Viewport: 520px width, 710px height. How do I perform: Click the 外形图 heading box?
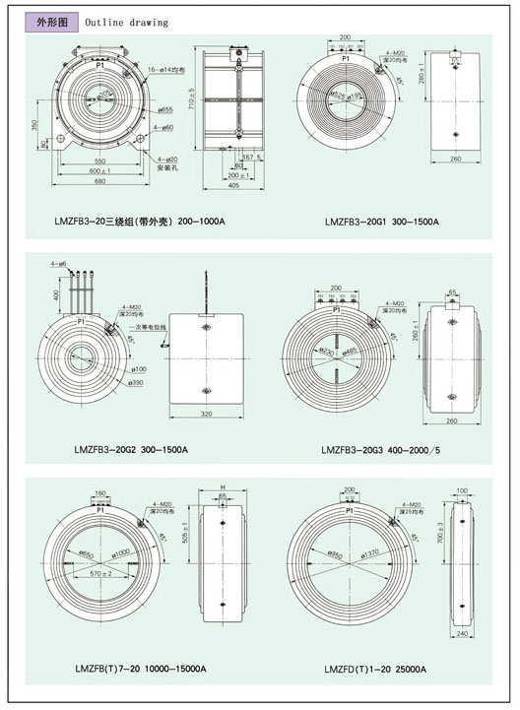[x=50, y=21]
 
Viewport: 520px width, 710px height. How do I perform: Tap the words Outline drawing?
[x=126, y=22]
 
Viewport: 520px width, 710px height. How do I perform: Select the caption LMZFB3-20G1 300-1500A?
[x=382, y=222]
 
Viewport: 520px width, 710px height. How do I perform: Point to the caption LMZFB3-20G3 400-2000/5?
[x=385, y=450]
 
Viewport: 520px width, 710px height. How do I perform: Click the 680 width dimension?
[x=100, y=180]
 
